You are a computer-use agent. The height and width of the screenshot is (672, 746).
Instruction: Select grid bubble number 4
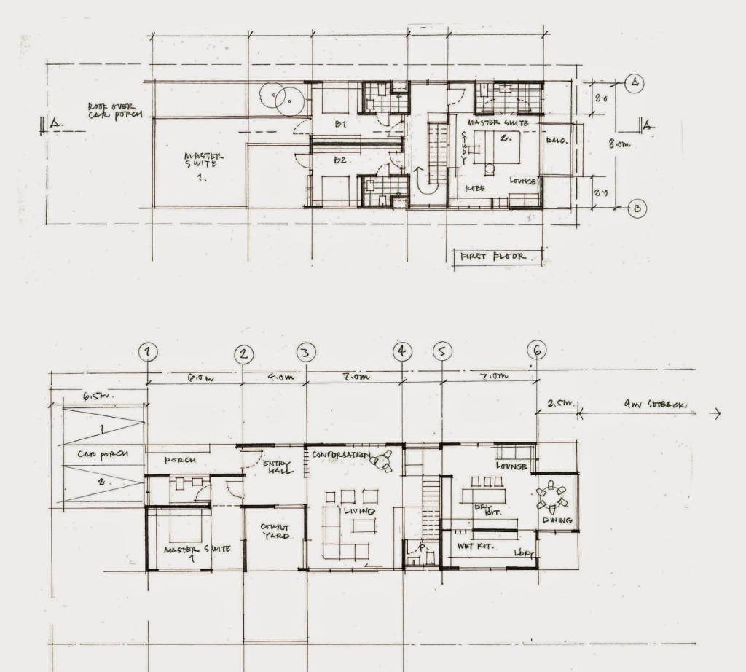(402, 352)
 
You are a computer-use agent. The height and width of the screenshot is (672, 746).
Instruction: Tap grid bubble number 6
(537, 351)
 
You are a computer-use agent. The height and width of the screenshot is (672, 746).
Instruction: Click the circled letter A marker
(635, 82)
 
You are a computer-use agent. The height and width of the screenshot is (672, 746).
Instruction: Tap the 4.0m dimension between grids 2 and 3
(275, 378)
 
